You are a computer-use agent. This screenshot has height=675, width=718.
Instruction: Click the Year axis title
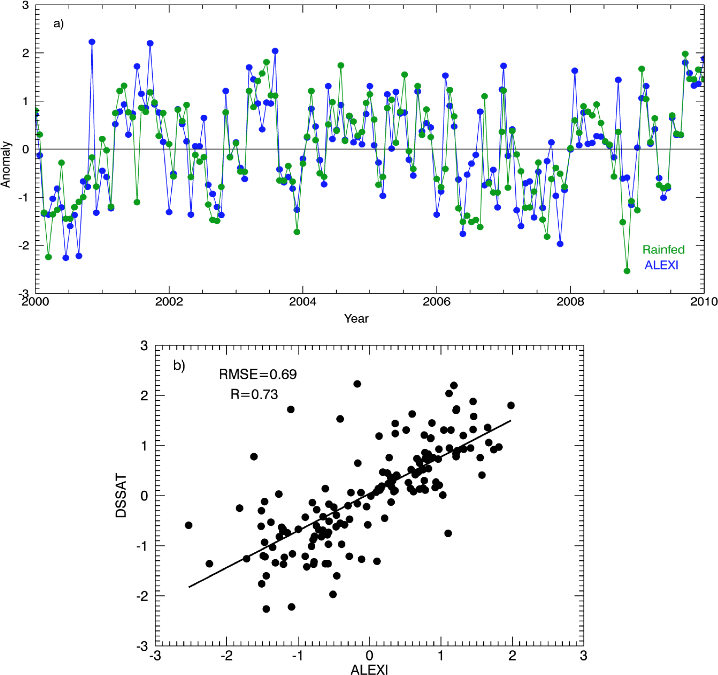tap(356, 319)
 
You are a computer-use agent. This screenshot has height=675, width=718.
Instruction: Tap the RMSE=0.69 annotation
tap(258, 375)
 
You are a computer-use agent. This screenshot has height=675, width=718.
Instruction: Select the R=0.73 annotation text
tap(254, 394)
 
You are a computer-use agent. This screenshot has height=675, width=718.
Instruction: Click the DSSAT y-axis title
tap(121, 496)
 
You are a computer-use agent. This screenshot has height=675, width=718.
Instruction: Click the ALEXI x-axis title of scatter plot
tap(369, 670)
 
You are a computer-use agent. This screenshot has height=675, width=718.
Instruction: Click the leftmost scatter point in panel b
tap(189, 525)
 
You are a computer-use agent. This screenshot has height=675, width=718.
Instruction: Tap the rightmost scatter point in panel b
tap(511, 406)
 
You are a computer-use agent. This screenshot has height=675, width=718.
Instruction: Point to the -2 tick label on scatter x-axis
tap(227, 655)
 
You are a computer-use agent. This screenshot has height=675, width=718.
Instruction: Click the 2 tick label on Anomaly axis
tap(25, 53)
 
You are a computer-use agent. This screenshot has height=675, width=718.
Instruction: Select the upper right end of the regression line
tap(510, 421)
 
